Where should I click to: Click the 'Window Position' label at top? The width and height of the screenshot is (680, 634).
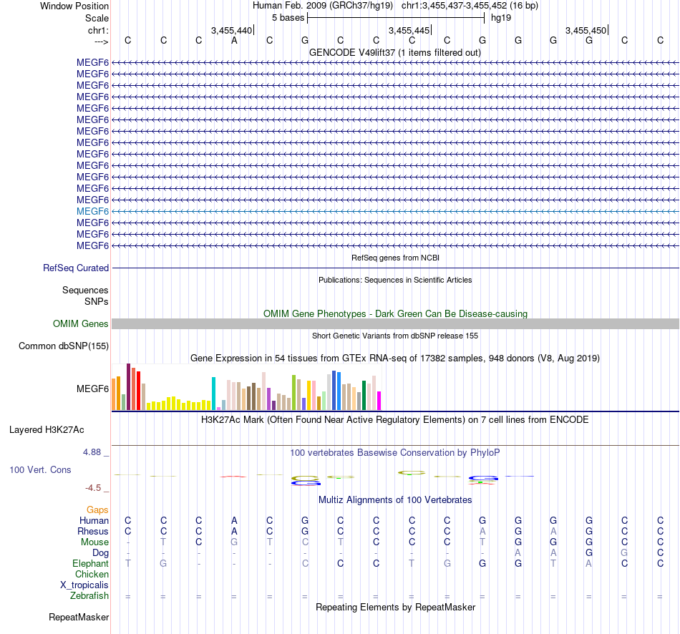[x=74, y=6]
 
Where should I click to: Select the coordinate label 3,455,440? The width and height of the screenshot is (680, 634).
[x=232, y=30]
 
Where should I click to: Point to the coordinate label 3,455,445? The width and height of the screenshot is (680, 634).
[x=409, y=30]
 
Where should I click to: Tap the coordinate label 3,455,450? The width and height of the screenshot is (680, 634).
[x=586, y=30]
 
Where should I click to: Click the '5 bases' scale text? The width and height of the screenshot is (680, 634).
[x=288, y=18]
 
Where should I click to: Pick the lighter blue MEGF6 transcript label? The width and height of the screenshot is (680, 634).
[x=92, y=211]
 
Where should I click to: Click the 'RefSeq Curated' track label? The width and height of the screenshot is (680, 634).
[x=76, y=268]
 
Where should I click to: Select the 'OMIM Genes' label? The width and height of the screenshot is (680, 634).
[x=81, y=324]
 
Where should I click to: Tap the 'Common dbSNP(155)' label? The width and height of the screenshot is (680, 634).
[x=64, y=347]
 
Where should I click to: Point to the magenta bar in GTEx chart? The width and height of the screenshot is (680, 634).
[x=379, y=401]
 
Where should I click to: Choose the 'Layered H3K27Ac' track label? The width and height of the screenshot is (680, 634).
[x=47, y=430]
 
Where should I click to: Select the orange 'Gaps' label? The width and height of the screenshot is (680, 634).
[x=97, y=509]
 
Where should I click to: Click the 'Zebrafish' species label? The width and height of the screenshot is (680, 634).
[x=89, y=596]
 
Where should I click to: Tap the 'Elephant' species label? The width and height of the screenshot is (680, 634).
[x=90, y=564]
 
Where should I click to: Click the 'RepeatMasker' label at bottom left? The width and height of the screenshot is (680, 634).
[x=79, y=617]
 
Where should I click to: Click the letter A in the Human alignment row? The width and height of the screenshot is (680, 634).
[x=234, y=520]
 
